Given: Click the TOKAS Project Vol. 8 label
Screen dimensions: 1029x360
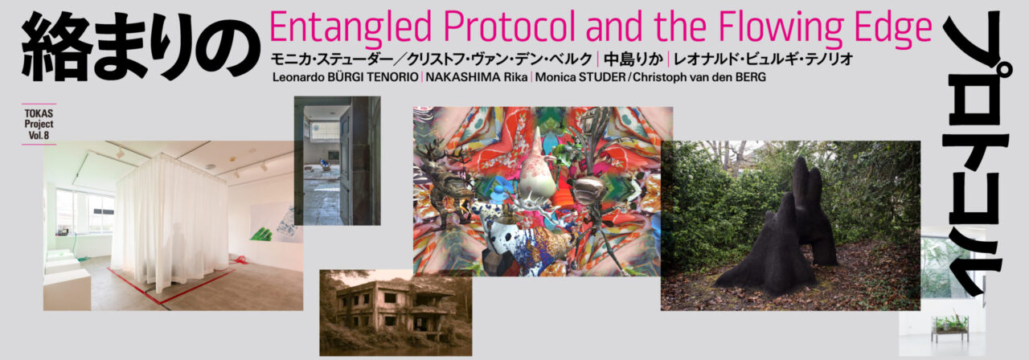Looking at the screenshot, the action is (x=39, y=124).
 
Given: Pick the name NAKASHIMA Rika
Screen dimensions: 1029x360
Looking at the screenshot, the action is (x=477, y=77).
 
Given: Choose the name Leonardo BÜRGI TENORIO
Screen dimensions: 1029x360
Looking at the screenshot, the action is (x=345, y=77).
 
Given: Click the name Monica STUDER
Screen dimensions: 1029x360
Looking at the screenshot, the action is (x=580, y=77).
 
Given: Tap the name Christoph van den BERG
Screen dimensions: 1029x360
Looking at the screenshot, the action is (x=699, y=77).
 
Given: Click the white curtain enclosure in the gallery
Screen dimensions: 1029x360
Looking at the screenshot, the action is (x=171, y=223).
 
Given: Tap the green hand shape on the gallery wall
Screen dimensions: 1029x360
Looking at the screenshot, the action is (x=262, y=234).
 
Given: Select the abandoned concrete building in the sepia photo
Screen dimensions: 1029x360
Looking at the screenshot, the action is (x=395, y=311).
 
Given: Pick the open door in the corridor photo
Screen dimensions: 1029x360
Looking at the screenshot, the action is (x=346, y=166).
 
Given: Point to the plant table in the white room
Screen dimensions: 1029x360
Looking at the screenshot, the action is (x=949, y=328).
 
